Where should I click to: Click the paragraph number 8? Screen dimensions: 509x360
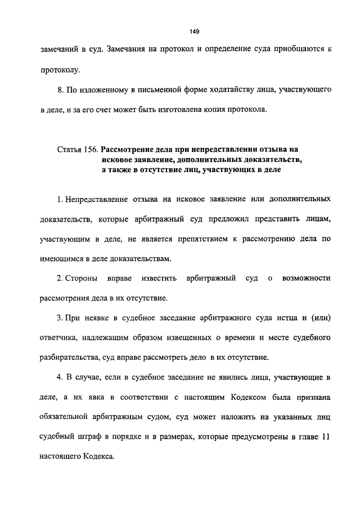[x=61, y=89]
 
